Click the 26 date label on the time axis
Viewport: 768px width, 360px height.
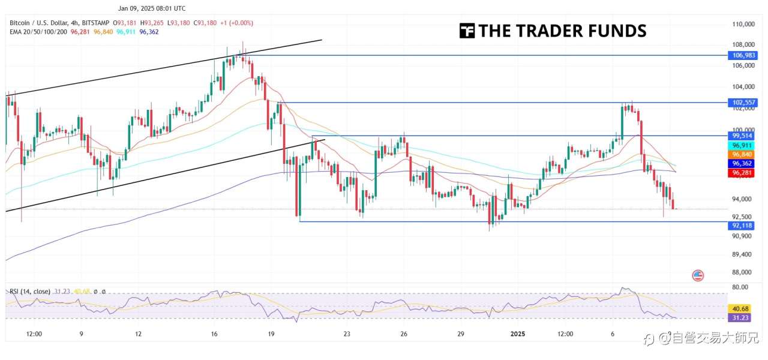404,334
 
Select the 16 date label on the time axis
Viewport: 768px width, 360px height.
214,334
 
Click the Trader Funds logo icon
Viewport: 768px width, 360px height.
467,31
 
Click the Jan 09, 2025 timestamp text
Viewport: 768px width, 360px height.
152,8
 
